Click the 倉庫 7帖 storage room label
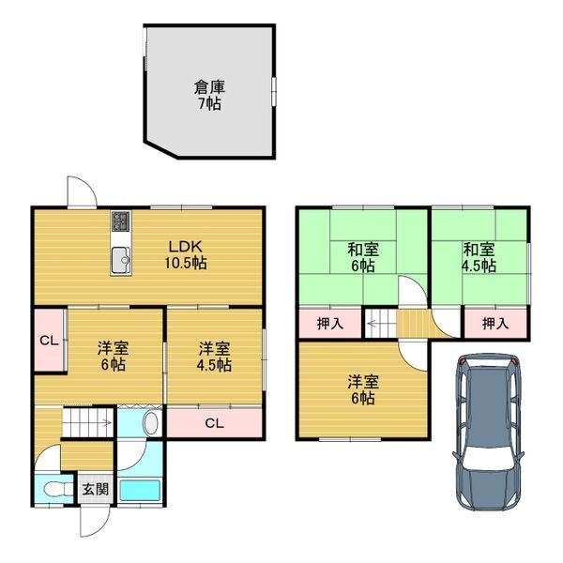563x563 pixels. [x=208, y=95]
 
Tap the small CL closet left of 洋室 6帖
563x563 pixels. [x=46, y=340]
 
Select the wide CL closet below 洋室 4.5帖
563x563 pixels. [x=214, y=423]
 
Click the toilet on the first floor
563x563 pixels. [x=53, y=489]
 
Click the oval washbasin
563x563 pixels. [x=148, y=423]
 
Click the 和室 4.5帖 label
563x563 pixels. [x=479, y=257]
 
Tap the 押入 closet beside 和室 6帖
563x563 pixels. [x=330, y=324]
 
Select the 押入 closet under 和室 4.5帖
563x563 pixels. [x=495, y=324]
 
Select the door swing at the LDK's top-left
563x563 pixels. [x=82, y=192]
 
